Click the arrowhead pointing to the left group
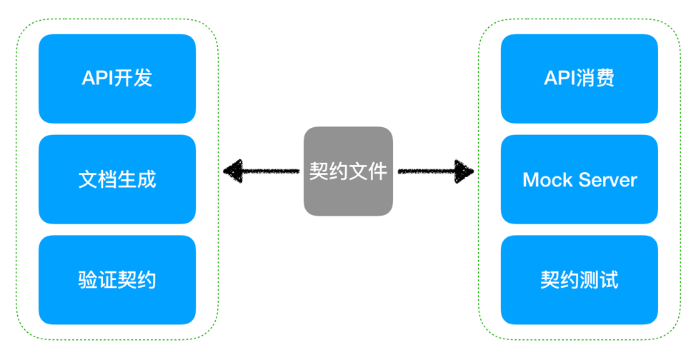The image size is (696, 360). tap(232, 171)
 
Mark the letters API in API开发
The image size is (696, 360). tap(99, 78)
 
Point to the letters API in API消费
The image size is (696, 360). tap(561, 78)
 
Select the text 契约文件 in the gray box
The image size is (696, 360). tap(348, 171)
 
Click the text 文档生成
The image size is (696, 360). tap(117, 179)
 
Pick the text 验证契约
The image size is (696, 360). tap(117, 279)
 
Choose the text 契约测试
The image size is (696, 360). tap(580, 279)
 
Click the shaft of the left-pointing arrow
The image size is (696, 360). tap(272, 171)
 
